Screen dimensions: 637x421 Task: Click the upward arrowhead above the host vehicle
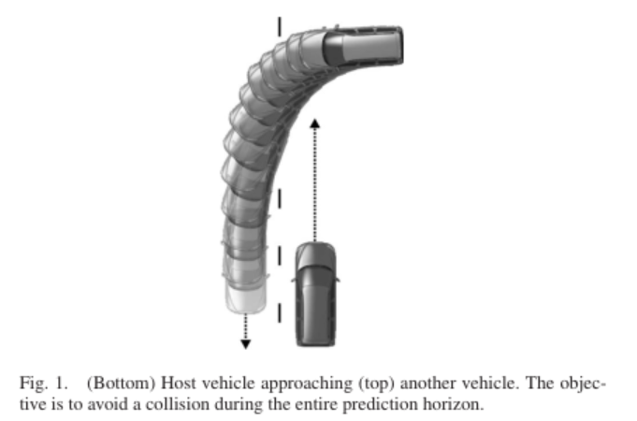[x=314, y=123]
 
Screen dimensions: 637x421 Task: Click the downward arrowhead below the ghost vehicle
[x=245, y=344]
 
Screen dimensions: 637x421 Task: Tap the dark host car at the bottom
[x=315, y=294]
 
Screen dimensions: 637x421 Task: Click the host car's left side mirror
[x=294, y=279]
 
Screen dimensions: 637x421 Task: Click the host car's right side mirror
[x=337, y=279]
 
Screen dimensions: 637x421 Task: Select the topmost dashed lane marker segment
[x=279, y=27]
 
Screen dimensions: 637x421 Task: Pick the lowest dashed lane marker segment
[x=279, y=312]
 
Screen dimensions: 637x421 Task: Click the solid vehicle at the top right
[x=363, y=45]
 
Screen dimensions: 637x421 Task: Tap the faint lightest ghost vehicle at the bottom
[x=246, y=298]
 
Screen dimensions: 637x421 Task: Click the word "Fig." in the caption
[x=34, y=384]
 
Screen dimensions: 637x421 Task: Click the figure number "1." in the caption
[x=61, y=383]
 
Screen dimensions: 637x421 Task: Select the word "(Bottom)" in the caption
[x=121, y=384]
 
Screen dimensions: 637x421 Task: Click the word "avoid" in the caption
[x=109, y=404]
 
